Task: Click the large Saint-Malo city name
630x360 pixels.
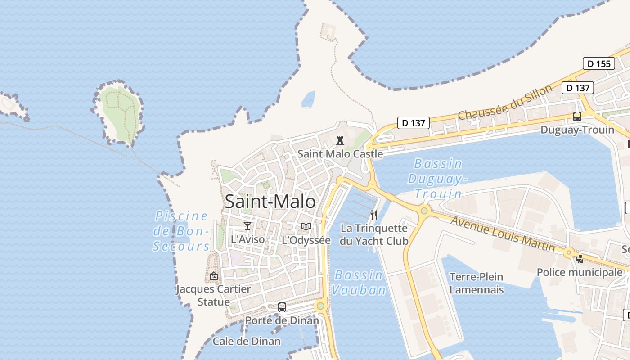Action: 270,201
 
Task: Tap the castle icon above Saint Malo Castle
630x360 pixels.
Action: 340,140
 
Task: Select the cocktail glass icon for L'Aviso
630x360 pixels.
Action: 247,225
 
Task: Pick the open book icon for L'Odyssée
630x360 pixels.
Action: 306,226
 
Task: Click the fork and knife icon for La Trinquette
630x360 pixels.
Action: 374,215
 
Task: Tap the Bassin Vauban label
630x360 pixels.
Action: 359,282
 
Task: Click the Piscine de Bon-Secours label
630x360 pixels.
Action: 181,231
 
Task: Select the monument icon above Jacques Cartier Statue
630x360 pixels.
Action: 214,275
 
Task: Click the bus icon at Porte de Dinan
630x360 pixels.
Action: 282,307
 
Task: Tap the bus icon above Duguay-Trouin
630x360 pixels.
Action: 577,117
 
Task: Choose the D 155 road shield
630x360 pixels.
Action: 599,63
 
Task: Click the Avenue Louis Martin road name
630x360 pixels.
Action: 502,234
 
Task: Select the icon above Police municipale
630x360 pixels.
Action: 580,259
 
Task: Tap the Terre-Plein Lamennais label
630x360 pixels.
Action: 477,283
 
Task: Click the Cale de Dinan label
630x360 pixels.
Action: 247,341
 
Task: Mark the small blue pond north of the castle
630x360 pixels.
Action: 308,99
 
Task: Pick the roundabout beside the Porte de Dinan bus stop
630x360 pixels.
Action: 320,306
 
